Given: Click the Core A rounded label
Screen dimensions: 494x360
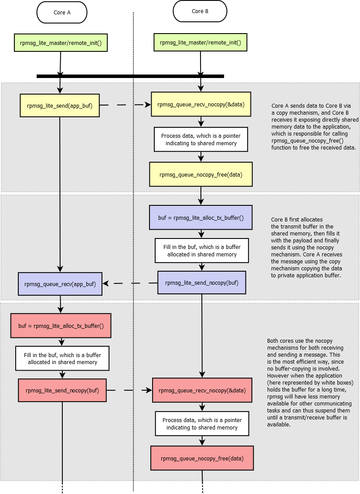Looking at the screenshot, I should pyautogui.click(x=62, y=13).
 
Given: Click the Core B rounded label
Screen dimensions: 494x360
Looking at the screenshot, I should pyautogui.click(x=200, y=11).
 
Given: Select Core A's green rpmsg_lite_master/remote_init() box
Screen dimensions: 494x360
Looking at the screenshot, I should pyautogui.click(x=61, y=43).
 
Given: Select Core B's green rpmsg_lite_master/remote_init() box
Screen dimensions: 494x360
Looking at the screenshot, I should pyautogui.click(x=200, y=43).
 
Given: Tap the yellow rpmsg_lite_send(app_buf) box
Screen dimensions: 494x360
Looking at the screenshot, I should pyautogui.click(x=60, y=105).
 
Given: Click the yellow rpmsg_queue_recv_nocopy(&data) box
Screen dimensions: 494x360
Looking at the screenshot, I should pyautogui.click(x=201, y=104).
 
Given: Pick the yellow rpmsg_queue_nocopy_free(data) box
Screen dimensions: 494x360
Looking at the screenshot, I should pyautogui.click(x=201, y=174).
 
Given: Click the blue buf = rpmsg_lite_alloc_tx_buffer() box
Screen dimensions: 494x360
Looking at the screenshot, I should pyautogui.click(x=200, y=218).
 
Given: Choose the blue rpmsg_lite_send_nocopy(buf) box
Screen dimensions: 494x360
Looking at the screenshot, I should pyautogui.click(x=201, y=283).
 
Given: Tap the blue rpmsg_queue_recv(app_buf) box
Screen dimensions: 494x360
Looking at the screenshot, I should pyautogui.click(x=60, y=283).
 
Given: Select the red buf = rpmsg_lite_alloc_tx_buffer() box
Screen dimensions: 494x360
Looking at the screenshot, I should pyautogui.click(x=61, y=325).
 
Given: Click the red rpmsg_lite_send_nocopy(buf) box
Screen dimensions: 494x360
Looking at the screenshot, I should pyautogui.click(x=62, y=390).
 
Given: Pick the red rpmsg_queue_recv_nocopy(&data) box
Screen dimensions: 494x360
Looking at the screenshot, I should pyautogui.click(x=202, y=390).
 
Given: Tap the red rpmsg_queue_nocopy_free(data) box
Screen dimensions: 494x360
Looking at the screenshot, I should pyautogui.click(x=202, y=458).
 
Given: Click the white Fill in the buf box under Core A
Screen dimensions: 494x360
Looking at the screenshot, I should pyautogui.click(x=62, y=358).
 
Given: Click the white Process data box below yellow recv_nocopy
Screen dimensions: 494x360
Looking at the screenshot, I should pyautogui.click(x=201, y=139).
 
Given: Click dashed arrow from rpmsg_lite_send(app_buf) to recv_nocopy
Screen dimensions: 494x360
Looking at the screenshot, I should pyautogui.click(x=125, y=105).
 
